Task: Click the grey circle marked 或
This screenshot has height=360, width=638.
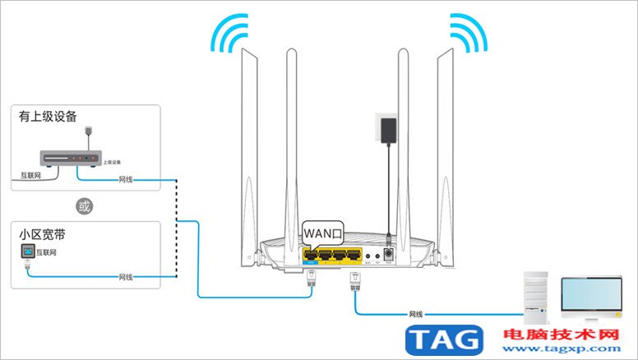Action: point(79,205)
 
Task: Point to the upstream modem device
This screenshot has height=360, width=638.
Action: point(72,158)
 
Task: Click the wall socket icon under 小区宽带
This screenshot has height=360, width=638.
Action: point(26,250)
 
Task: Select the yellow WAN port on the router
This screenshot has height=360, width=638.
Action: point(312,256)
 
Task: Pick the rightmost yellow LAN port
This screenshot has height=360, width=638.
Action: point(354,256)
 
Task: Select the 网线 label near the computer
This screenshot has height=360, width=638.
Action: point(415,314)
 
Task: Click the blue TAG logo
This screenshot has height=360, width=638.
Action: point(445,339)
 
